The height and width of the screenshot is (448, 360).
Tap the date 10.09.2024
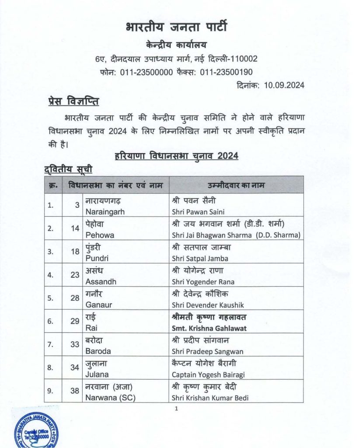point(284,85)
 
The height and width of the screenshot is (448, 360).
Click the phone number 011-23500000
point(146,72)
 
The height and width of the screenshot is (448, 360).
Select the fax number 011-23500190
point(227,72)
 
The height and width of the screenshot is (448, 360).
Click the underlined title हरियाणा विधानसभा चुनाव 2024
point(176,156)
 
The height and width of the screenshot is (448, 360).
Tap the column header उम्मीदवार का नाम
point(237,185)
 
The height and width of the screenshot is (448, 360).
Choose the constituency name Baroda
point(98,351)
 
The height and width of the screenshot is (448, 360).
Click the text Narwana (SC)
point(110,398)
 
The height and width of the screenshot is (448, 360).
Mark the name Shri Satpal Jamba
point(200,258)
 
